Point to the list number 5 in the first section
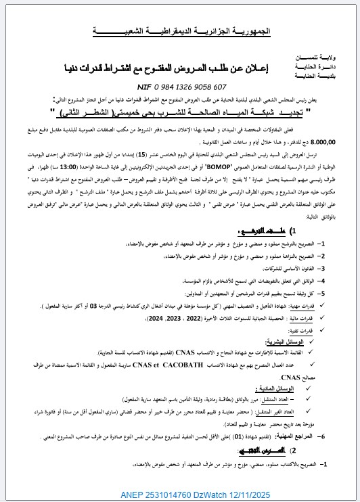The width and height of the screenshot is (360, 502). coord(324,294)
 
